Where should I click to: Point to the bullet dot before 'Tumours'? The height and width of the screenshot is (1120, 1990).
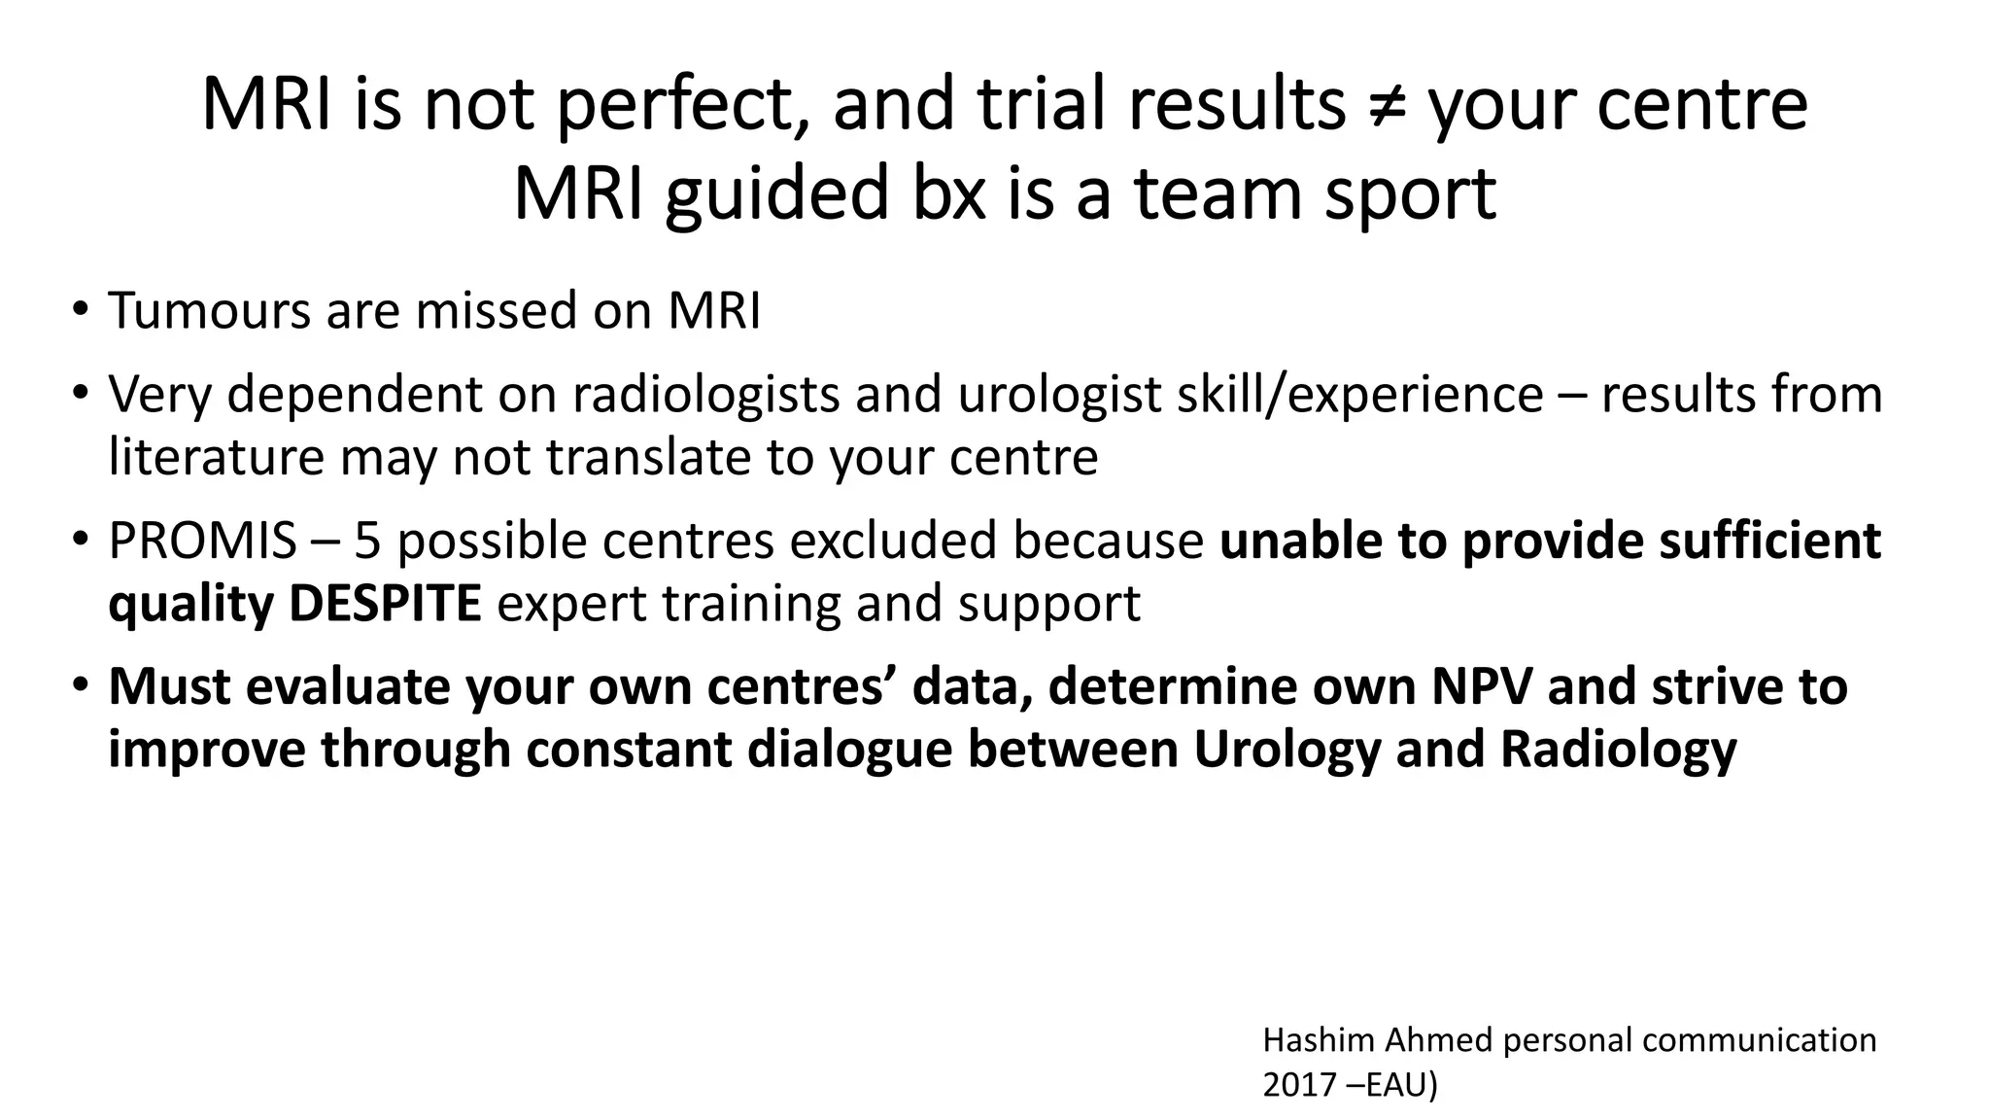tap(79, 311)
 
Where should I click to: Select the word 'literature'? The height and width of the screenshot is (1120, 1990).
tap(216, 457)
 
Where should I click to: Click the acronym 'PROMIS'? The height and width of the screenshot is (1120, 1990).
tap(202, 541)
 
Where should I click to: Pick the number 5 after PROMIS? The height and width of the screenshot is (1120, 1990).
tap(366, 541)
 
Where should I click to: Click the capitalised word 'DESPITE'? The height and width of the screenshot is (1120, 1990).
tap(385, 604)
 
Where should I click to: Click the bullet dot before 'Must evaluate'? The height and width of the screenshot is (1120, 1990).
tap(79, 686)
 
